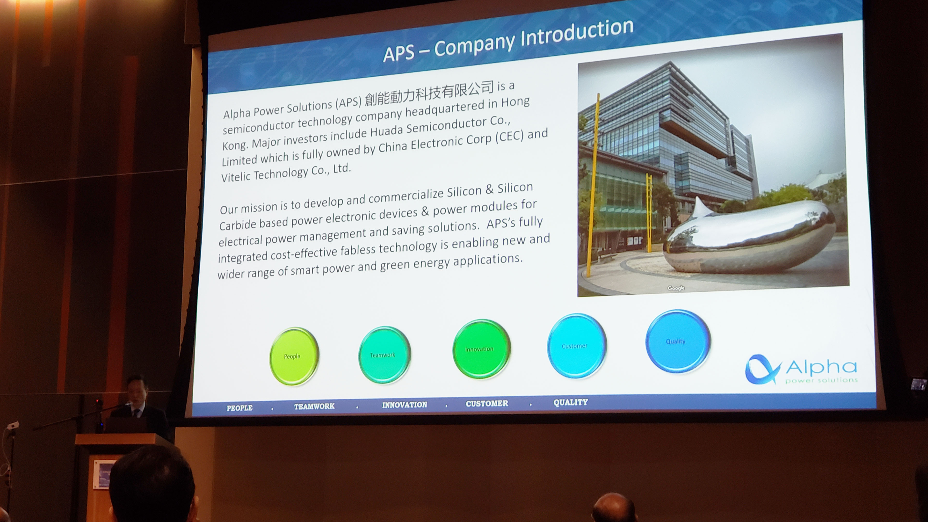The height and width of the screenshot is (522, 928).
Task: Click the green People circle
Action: [294, 356]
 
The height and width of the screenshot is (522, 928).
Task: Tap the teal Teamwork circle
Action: [384, 355]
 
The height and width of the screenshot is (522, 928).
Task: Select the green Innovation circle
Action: [481, 349]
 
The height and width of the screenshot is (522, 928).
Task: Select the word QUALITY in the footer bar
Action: [571, 402]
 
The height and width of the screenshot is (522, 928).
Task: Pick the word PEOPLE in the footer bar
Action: [239, 408]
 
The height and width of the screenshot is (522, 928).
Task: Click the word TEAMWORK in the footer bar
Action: [314, 406]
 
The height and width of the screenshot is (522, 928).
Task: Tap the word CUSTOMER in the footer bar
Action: [487, 404]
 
